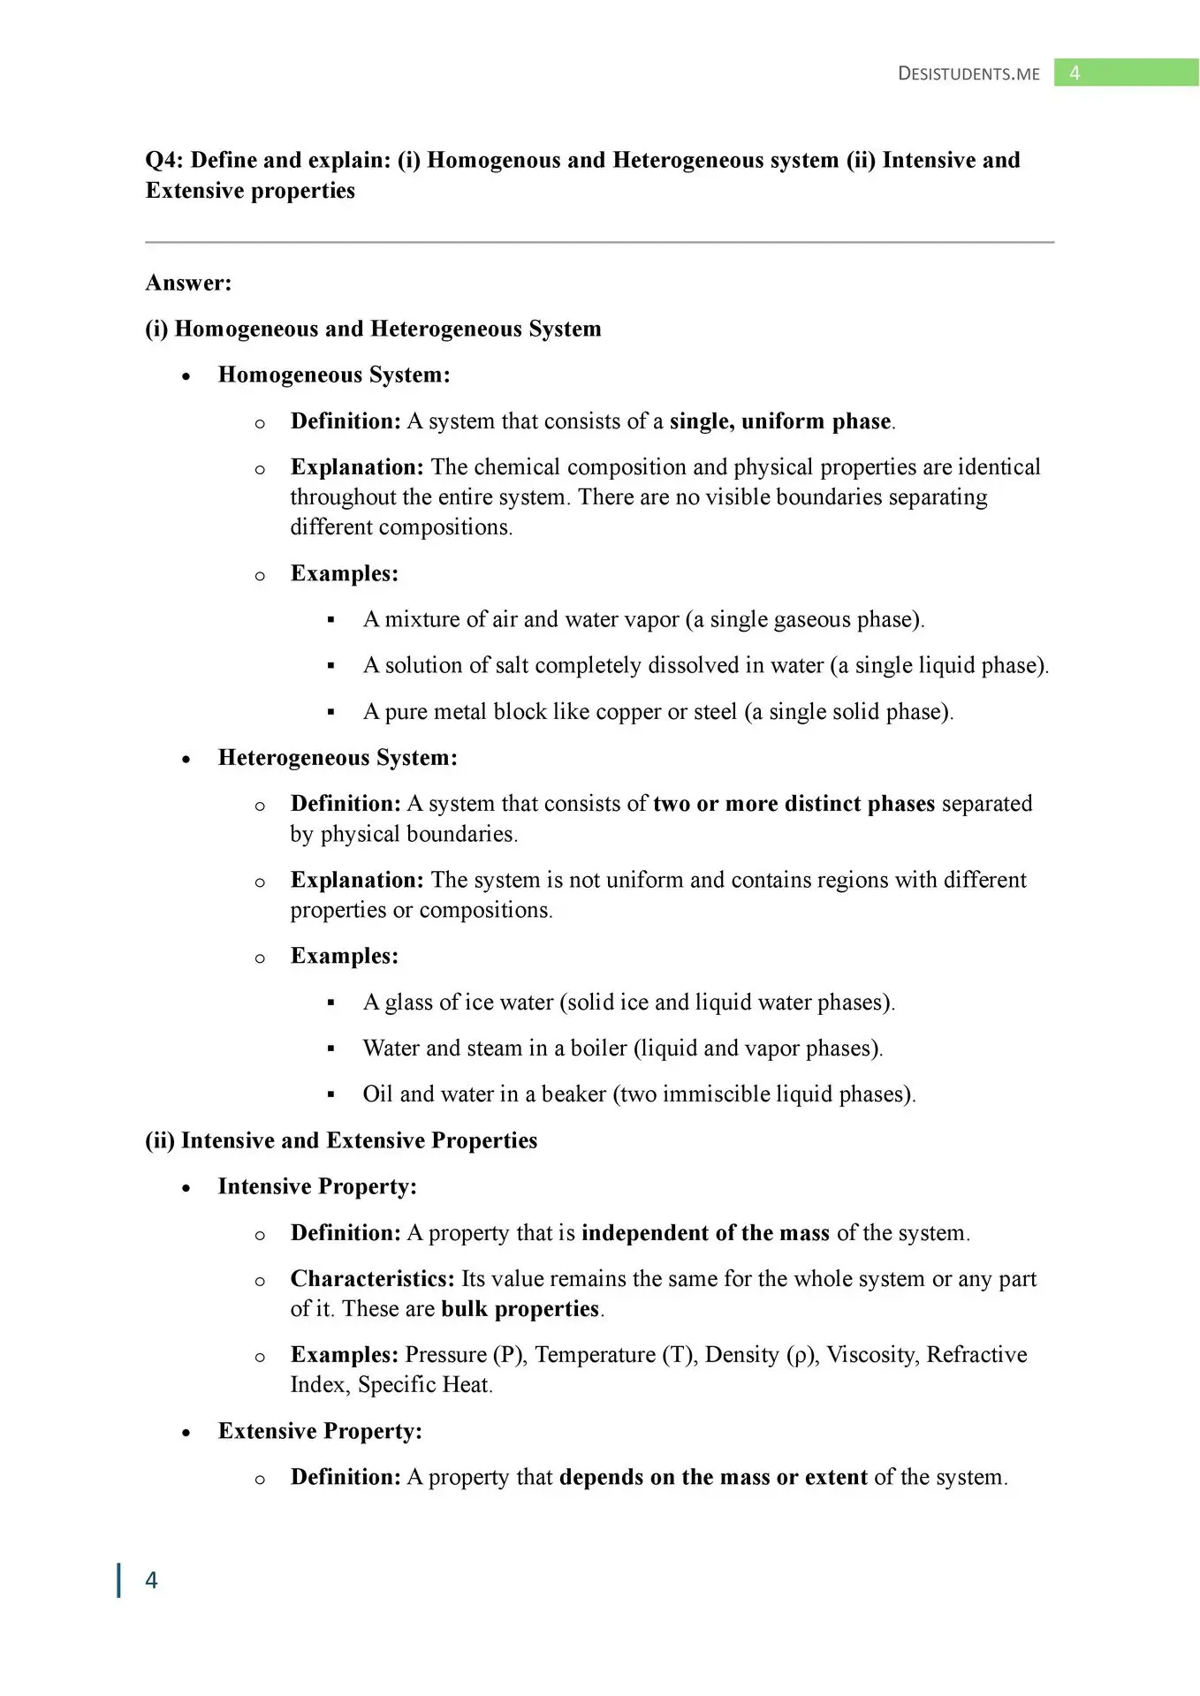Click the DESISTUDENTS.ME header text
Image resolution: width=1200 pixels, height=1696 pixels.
[968, 73]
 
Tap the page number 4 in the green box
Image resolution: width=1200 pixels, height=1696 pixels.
[1075, 73]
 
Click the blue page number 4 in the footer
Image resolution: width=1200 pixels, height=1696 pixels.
[151, 1580]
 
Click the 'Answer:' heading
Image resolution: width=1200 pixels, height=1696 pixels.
[188, 283]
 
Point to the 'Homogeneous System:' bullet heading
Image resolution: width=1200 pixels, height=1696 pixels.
[334, 375]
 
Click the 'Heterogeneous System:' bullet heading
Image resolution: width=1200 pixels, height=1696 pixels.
[338, 758]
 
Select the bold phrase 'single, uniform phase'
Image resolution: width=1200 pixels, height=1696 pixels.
[780, 421]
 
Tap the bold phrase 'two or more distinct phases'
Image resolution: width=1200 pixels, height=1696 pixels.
[794, 804]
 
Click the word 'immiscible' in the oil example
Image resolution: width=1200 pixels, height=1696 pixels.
[716, 1094]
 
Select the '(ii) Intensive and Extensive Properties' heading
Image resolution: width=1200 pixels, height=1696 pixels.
[341, 1140]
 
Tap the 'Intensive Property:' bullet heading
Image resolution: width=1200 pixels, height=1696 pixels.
[317, 1186]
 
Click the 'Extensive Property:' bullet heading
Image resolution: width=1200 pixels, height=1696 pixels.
[320, 1431]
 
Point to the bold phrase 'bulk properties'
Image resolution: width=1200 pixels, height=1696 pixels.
[520, 1309]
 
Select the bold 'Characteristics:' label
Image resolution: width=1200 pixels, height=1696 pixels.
[372, 1279]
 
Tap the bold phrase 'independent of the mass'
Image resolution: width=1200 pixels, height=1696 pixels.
[705, 1233]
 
